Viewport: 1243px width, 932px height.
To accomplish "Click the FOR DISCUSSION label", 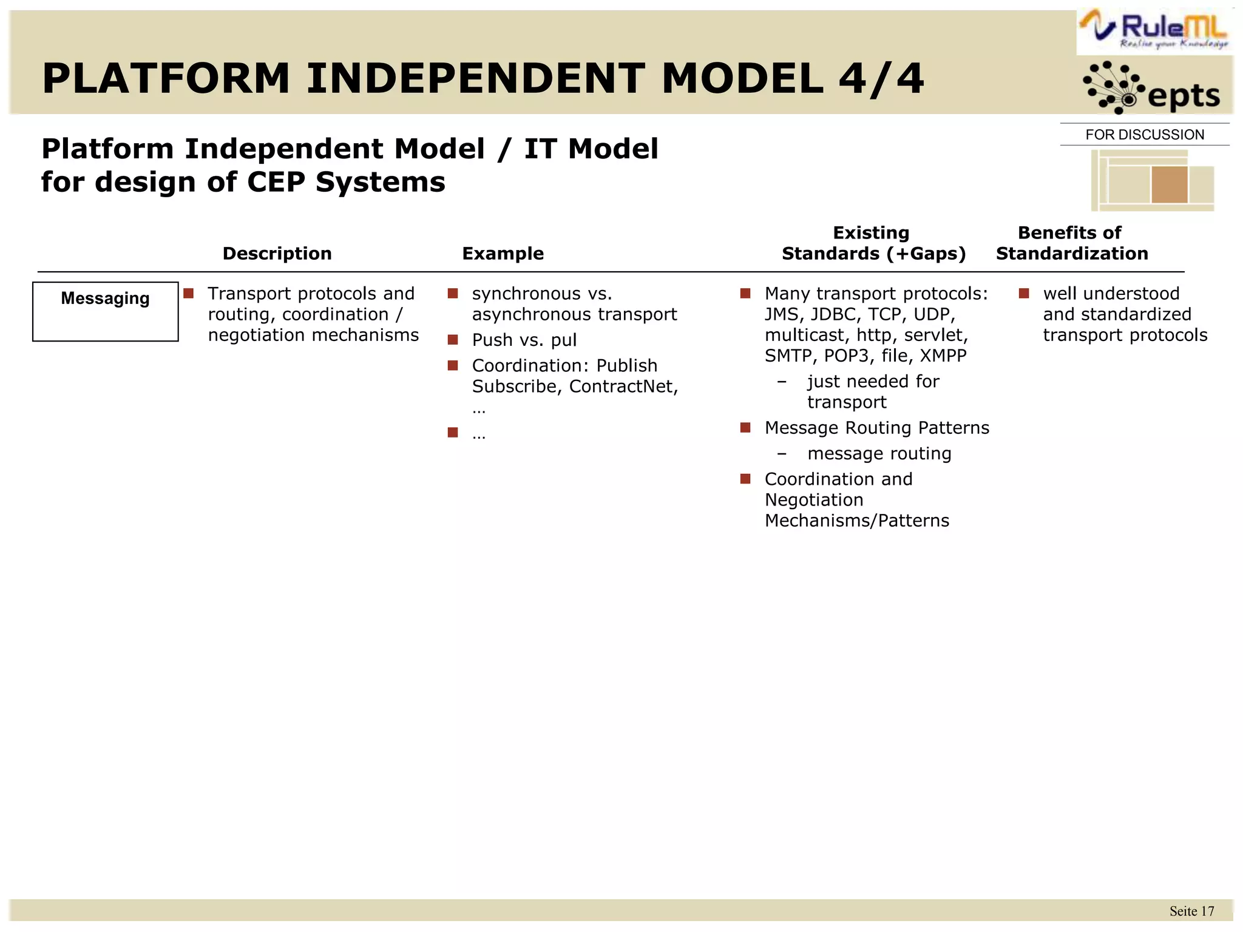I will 1144,135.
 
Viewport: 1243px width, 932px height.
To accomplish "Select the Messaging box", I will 105,311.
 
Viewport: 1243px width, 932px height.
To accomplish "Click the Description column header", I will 277,254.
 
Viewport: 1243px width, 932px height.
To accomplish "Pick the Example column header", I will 503,254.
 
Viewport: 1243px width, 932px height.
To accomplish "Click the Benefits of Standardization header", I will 1071,243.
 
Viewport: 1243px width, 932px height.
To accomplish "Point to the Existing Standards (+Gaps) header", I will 873,243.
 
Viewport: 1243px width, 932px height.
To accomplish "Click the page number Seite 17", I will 1191,911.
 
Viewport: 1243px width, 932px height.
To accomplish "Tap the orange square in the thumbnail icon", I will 1169,184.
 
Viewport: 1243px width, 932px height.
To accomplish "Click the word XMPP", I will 943,356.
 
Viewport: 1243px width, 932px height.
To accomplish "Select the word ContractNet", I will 622,387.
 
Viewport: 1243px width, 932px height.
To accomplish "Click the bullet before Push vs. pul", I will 453,340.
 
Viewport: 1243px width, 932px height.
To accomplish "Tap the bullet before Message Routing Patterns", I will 745,428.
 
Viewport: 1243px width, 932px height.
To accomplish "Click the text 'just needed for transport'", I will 872,391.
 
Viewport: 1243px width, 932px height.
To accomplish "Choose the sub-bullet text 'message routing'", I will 878,454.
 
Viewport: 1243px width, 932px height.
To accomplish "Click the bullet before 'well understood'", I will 1024,294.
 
